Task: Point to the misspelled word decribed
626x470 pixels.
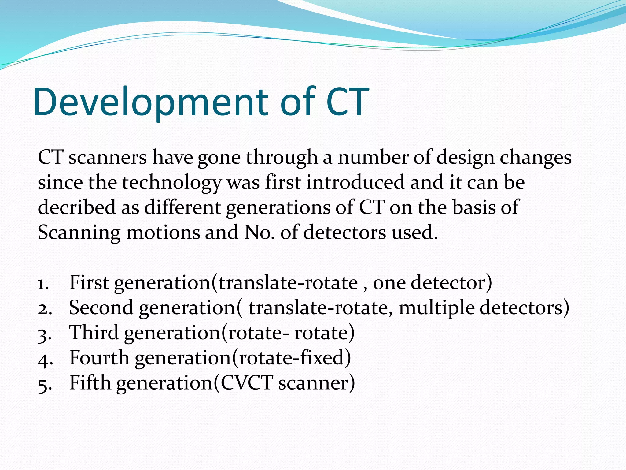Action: point(76,207)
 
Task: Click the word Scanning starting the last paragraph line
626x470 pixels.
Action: point(79,233)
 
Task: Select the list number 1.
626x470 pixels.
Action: point(43,284)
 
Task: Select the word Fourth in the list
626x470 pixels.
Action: point(99,358)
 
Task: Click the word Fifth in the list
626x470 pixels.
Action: point(90,383)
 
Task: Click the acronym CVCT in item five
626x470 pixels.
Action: point(246,383)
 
